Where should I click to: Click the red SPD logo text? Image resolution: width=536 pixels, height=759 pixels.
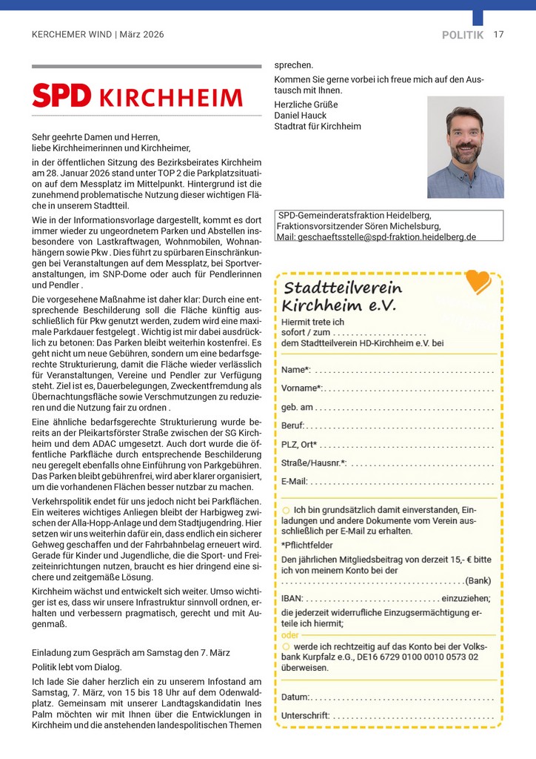pyautogui.click(x=61, y=96)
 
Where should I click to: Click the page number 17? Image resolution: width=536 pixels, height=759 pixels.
pyautogui.click(x=498, y=34)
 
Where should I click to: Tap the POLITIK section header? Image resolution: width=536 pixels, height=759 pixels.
pyautogui.click(x=463, y=35)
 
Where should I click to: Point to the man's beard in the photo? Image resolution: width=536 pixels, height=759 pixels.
pyautogui.click(x=465, y=154)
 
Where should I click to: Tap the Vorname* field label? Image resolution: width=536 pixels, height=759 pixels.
pyautogui.click(x=301, y=388)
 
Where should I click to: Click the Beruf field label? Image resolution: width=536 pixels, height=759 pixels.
pyautogui.click(x=292, y=425)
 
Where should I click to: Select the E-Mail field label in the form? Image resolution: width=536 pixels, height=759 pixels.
pyautogui.click(x=294, y=481)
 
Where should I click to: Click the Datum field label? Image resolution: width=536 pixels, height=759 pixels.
pyautogui.click(x=295, y=697)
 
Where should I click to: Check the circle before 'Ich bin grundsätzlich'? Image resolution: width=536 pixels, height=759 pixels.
pyautogui.click(x=286, y=510)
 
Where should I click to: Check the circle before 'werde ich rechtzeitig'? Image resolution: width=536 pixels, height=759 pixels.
pyautogui.click(x=286, y=646)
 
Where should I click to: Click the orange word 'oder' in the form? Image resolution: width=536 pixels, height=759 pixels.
pyautogui.click(x=290, y=634)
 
